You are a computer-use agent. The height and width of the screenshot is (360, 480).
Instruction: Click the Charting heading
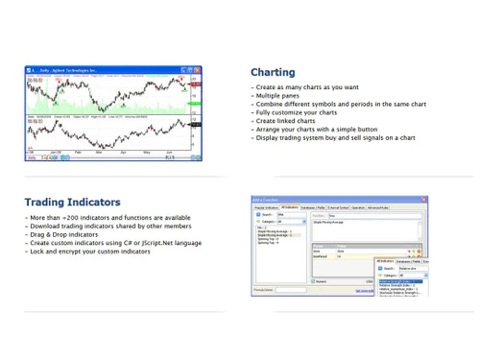(x=273, y=72)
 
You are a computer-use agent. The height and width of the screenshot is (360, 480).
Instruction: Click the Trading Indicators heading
(x=73, y=203)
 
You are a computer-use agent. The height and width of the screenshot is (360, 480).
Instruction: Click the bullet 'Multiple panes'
(x=277, y=96)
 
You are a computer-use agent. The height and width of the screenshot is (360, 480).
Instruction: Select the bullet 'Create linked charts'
(x=285, y=121)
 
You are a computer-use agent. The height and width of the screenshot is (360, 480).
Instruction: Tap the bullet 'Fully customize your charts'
(x=296, y=112)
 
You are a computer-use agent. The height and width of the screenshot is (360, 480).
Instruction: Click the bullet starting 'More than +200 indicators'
(x=109, y=218)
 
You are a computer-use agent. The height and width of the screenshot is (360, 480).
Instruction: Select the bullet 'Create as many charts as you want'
(x=307, y=87)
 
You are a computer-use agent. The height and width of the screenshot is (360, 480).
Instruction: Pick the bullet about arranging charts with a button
(x=316, y=130)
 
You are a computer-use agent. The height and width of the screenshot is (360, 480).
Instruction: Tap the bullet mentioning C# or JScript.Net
(x=115, y=243)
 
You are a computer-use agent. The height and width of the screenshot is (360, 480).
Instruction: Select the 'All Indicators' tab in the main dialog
(x=289, y=207)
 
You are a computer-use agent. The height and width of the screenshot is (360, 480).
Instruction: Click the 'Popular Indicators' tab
(x=266, y=207)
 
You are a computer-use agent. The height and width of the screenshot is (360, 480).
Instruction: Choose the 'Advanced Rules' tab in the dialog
(x=377, y=207)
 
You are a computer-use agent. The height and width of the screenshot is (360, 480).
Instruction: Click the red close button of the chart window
(x=198, y=70)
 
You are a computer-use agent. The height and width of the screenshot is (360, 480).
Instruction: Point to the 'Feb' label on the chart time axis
(x=77, y=153)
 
